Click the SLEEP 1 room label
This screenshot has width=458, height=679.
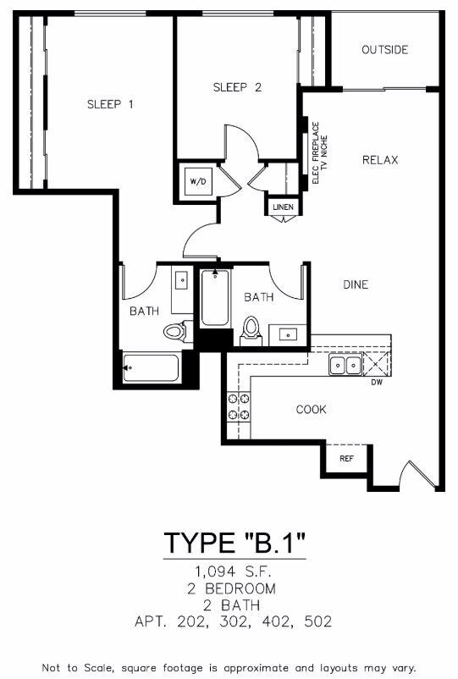111,104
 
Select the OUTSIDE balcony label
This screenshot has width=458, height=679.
384,50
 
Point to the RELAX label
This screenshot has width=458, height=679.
380,160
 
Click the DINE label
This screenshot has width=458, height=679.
356,284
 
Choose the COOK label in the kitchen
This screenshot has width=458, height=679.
311,410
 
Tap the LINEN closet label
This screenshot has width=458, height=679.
281,207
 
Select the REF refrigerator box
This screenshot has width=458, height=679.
345,459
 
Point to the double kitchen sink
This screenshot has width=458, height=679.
345,366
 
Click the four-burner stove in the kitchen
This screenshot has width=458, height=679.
239,406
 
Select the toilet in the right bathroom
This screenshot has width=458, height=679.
251,329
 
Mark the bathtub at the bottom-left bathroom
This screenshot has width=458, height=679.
151,368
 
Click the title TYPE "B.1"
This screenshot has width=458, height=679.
234,542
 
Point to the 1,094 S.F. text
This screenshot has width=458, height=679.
234,571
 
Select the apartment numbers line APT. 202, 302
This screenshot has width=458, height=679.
234,621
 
